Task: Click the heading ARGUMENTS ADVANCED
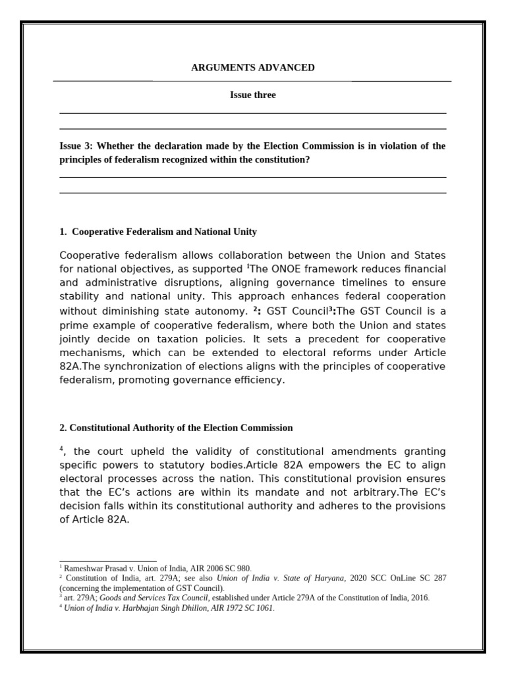tap(252, 68)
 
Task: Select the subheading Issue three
tap(252, 95)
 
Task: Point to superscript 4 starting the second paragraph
tap(61, 448)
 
